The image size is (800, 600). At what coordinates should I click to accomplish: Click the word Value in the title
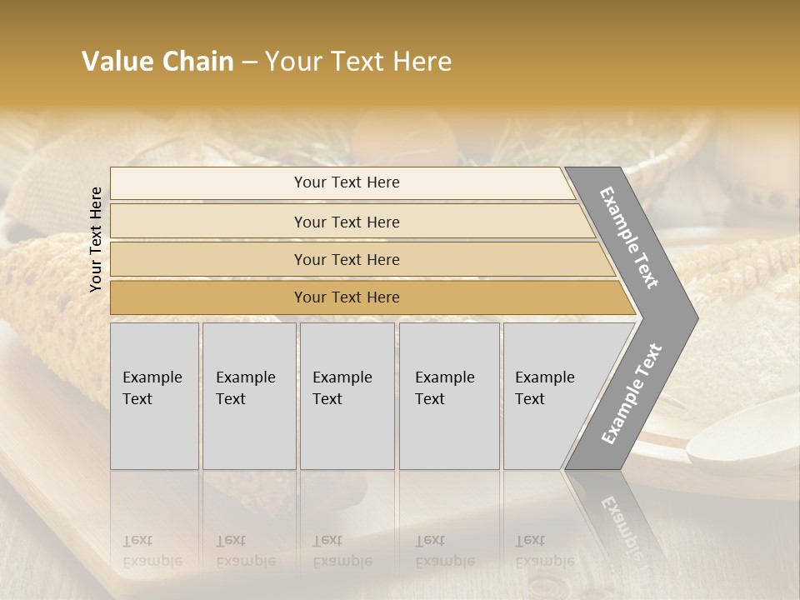pos(117,62)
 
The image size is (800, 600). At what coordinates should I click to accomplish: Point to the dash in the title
pos(249,62)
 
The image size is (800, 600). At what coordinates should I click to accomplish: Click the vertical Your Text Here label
pos(96,239)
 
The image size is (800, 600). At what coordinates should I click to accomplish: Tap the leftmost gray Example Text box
pos(154,396)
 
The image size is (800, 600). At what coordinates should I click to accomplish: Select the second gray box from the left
pos(249,396)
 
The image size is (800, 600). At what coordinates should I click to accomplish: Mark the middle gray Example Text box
pos(347,396)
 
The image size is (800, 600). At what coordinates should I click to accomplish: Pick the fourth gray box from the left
pos(449,396)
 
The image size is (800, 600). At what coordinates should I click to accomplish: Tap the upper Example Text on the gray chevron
pos(629,237)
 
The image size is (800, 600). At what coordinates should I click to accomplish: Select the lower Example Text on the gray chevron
pos(631,394)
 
